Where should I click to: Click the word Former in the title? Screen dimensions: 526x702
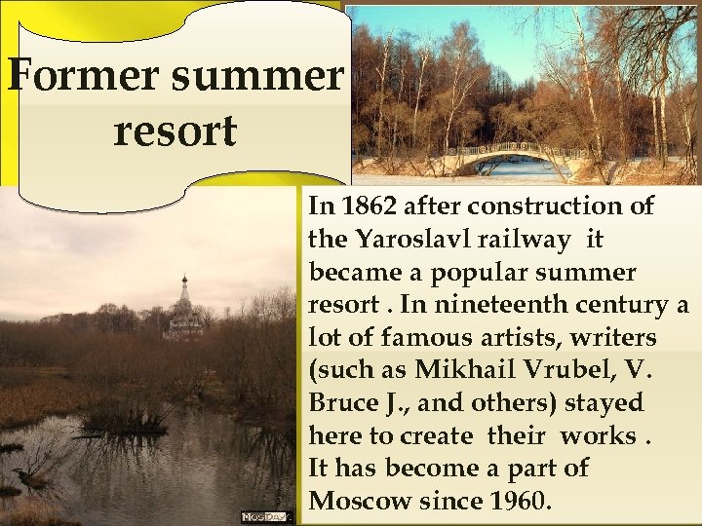(74, 75)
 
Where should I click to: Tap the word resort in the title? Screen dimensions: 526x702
(175, 131)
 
